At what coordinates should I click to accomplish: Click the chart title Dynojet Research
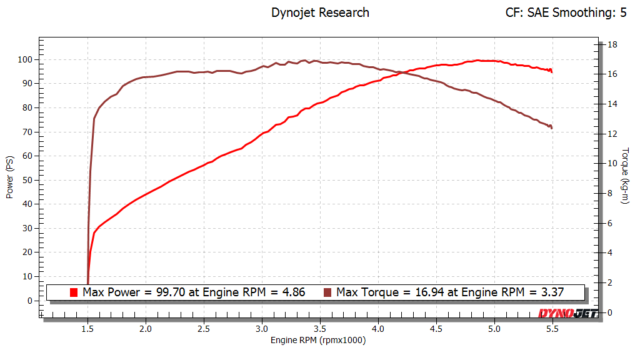pos(320,12)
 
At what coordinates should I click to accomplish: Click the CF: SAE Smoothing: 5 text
pos(566,12)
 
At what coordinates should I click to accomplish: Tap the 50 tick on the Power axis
pos(26,180)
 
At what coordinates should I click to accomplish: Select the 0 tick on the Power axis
pos(29,301)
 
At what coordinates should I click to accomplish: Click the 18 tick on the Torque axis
pos(613,44)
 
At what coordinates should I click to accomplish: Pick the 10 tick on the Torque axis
pos(613,164)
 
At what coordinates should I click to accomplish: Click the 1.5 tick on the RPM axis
pos(88,328)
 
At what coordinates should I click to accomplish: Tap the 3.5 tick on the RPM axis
pos(321,328)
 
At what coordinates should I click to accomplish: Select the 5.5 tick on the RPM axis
pos(552,328)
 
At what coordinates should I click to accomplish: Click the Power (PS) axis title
pos(9,177)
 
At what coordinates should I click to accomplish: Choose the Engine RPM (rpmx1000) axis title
pos(318,341)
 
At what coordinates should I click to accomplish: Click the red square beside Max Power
pos(74,292)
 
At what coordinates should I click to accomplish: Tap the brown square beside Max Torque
pos(327,292)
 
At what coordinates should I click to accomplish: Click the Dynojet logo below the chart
pos(567,313)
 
